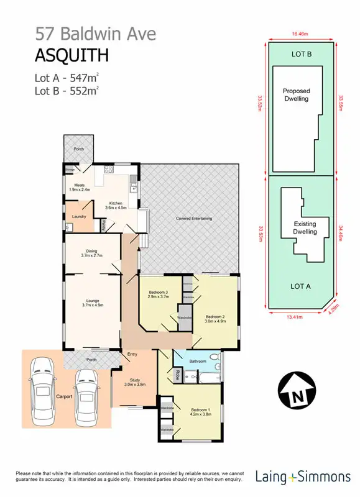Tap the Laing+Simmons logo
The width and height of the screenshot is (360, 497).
pyautogui.click(x=303, y=477)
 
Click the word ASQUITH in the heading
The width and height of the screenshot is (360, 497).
pyautogui.click(x=72, y=55)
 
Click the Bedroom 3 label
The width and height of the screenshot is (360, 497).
pyautogui.click(x=159, y=294)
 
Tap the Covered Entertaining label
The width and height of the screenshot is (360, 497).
pyautogui.click(x=195, y=219)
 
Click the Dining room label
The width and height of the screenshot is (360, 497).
pyautogui.click(x=91, y=253)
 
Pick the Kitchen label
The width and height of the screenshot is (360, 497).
pyautogui.click(x=116, y=205)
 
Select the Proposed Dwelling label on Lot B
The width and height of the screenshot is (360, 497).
pyautogui.click(x=296, y=94)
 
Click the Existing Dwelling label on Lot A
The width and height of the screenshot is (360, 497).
pyautogui.click(x=305, y=227)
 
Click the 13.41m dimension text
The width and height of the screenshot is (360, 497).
pyautogui.click(x=294, y=317)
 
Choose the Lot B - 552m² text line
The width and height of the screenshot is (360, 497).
pyautogui.click(x=67, y=91)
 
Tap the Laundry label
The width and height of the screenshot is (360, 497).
pyautogui.click(x=78, y=217)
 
